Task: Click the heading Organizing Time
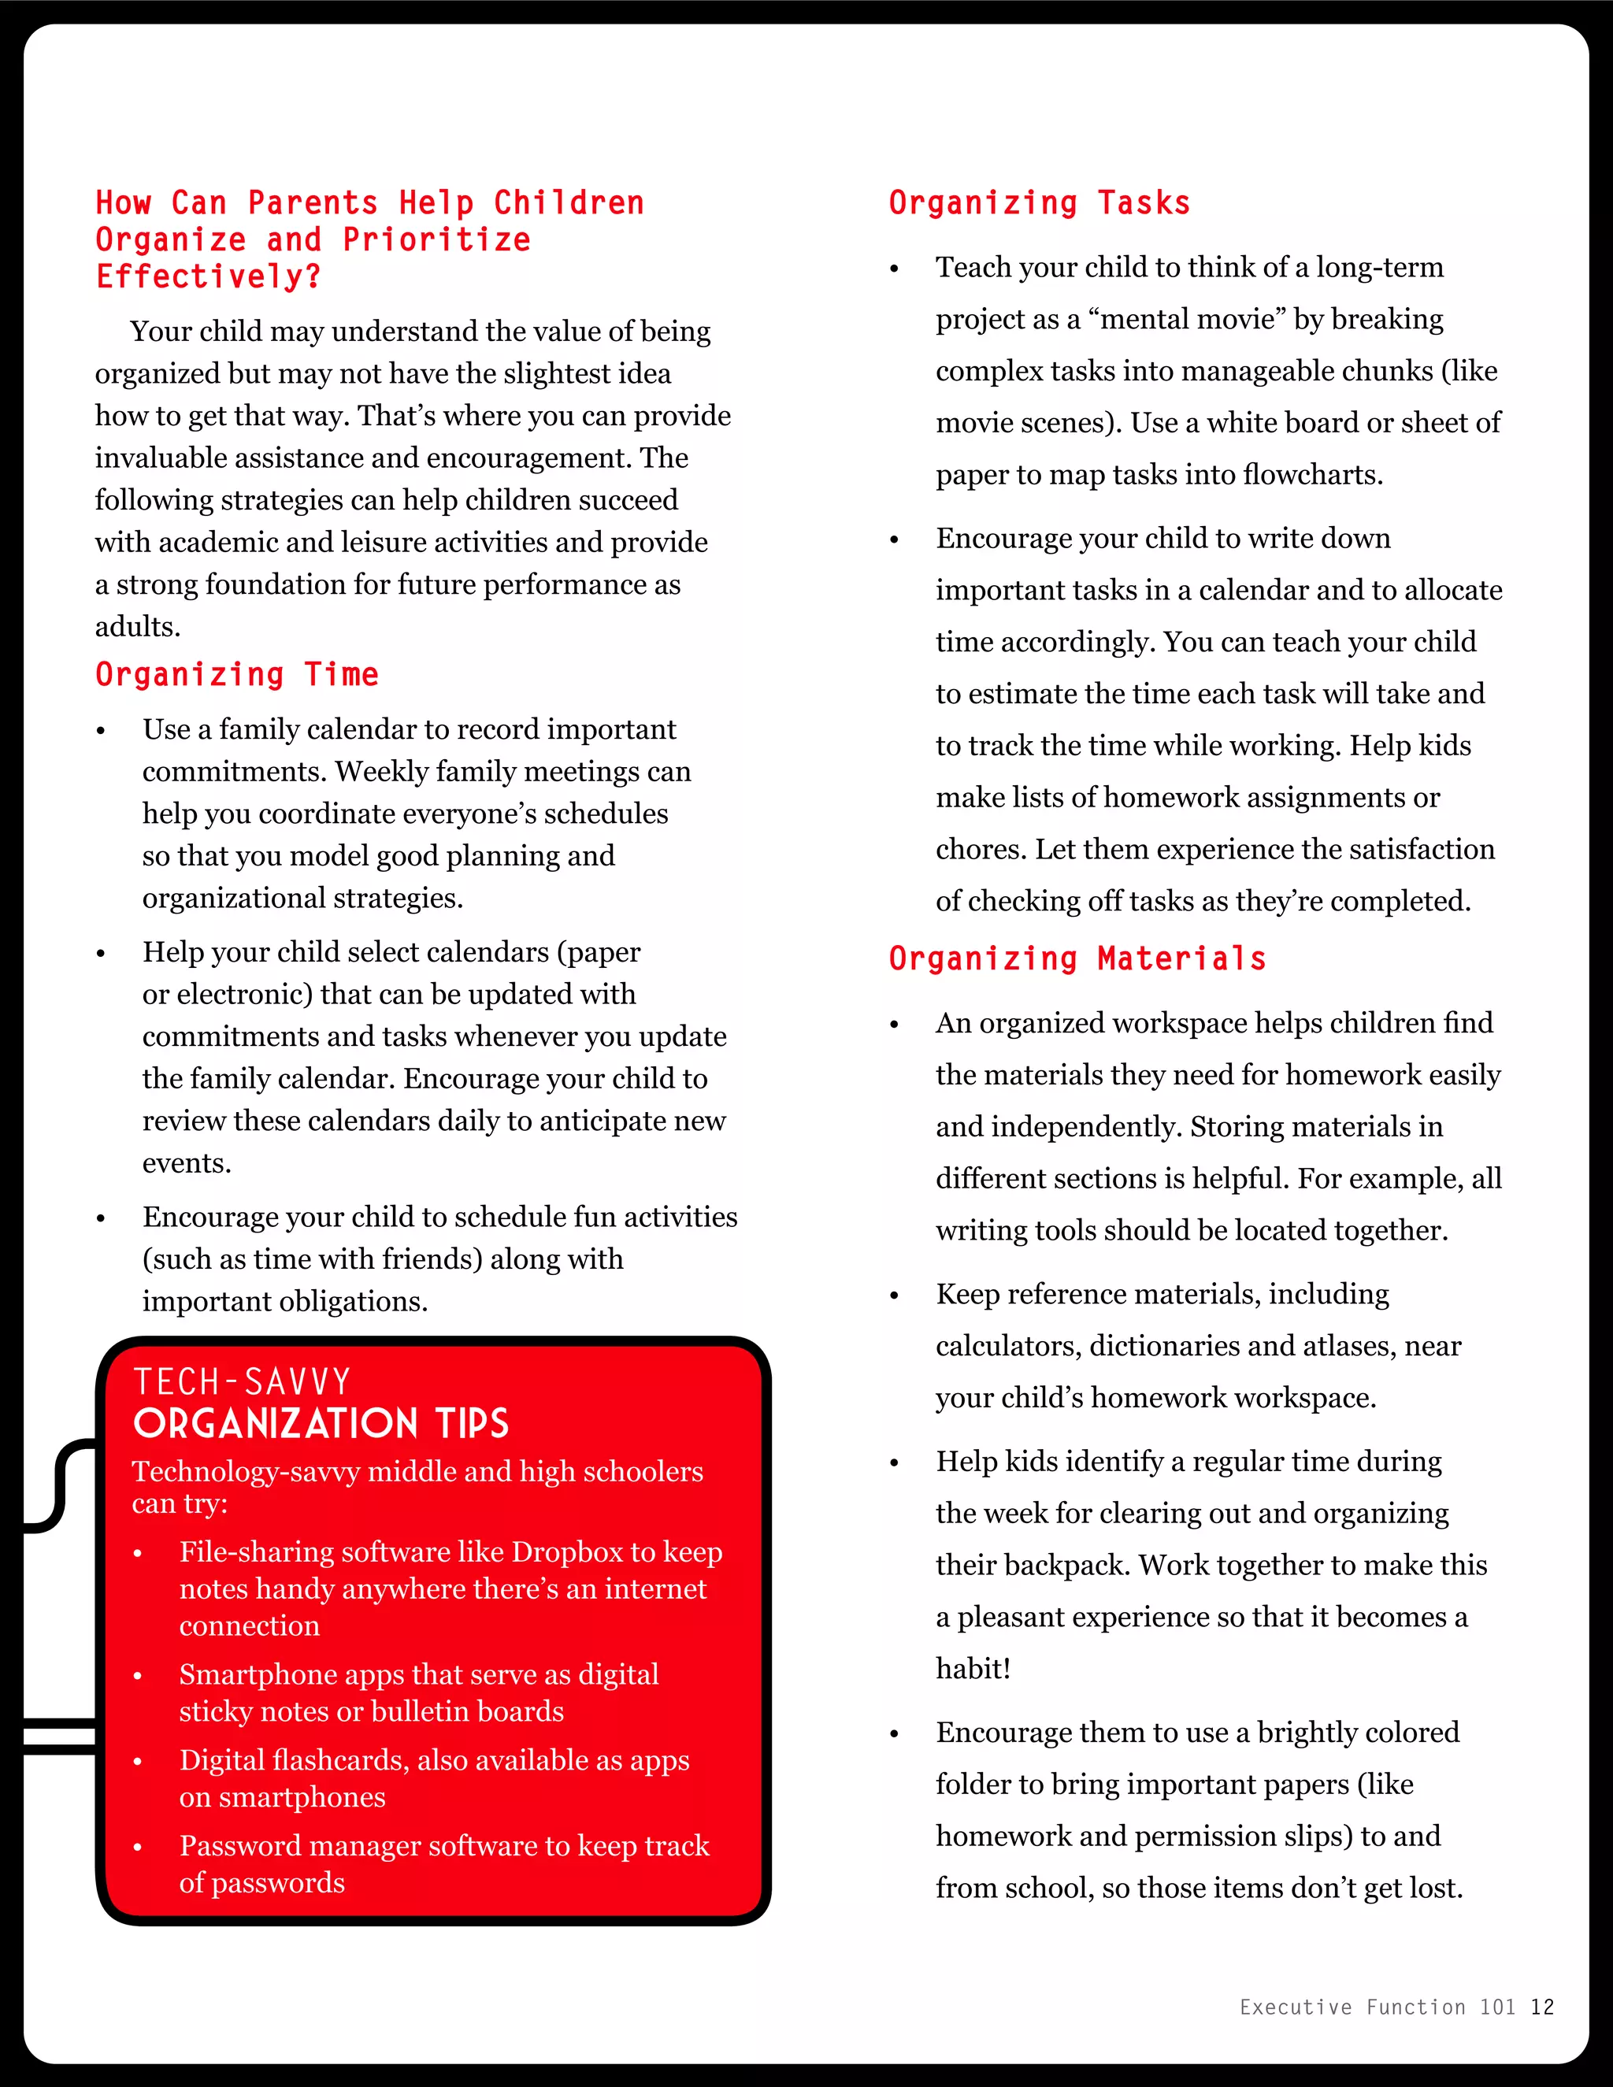(237, 675)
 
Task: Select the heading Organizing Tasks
(1040, 202)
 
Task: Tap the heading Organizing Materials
(1077, 958)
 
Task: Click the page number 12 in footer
(1542, 2007)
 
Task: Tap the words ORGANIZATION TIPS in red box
(321, 1424)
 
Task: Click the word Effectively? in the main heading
(208, 277)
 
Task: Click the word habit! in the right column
(973, 1669)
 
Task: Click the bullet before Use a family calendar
(100, 732)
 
